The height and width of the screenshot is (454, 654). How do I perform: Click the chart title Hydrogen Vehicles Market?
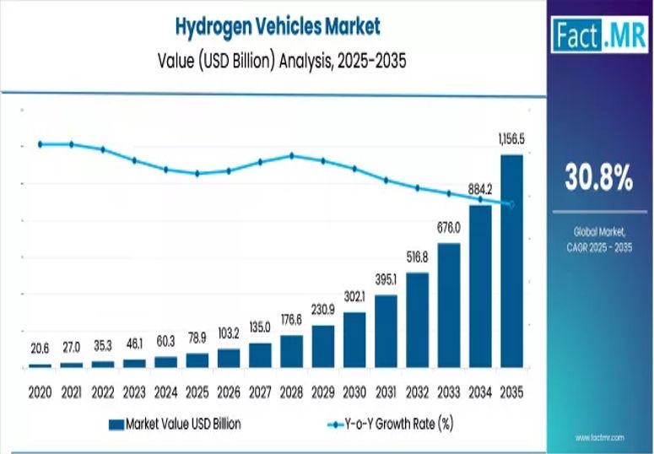click(x=278, y=26)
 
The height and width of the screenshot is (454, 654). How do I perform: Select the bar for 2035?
click(x=511, y=262)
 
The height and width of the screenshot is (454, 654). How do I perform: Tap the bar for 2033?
click(x=448, y=305)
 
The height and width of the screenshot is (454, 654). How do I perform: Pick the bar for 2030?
click(x=354, y=340)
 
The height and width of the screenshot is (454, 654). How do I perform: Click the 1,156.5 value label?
click(x=511, y=138)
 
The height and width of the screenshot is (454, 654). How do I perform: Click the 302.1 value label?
click(x=354, y=296)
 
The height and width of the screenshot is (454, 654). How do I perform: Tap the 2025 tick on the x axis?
click(x=197, y=392)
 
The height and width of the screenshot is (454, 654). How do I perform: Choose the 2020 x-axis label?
click(x=40, y=392)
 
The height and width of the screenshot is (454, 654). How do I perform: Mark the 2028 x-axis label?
click(x=291, y=392)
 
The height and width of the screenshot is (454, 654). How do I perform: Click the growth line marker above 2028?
click(x=291, y=155)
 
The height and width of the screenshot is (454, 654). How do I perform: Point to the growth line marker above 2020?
click(x=40, y=144)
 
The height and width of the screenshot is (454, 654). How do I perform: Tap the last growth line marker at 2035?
click(x=511, y=204)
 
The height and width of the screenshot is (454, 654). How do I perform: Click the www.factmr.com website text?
click(x=600, y=438)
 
